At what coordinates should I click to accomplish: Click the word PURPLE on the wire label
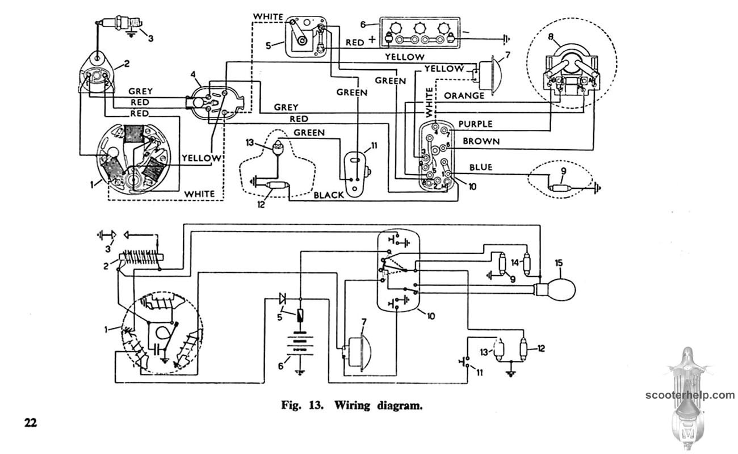[x=475, y=124]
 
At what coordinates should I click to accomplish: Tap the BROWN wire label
[x=481, y=141]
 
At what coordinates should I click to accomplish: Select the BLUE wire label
[x=480, y=167]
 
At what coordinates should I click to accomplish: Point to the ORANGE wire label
[x=464, y=95]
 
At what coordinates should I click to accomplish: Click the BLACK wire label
[x=329, y=195]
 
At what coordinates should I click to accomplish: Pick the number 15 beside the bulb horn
[x=559, y=263]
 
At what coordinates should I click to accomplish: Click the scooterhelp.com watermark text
[x=690, y=395]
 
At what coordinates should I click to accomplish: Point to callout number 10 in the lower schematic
[x=431, y=316]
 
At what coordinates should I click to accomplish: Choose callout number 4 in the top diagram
[x=194, y=74]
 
